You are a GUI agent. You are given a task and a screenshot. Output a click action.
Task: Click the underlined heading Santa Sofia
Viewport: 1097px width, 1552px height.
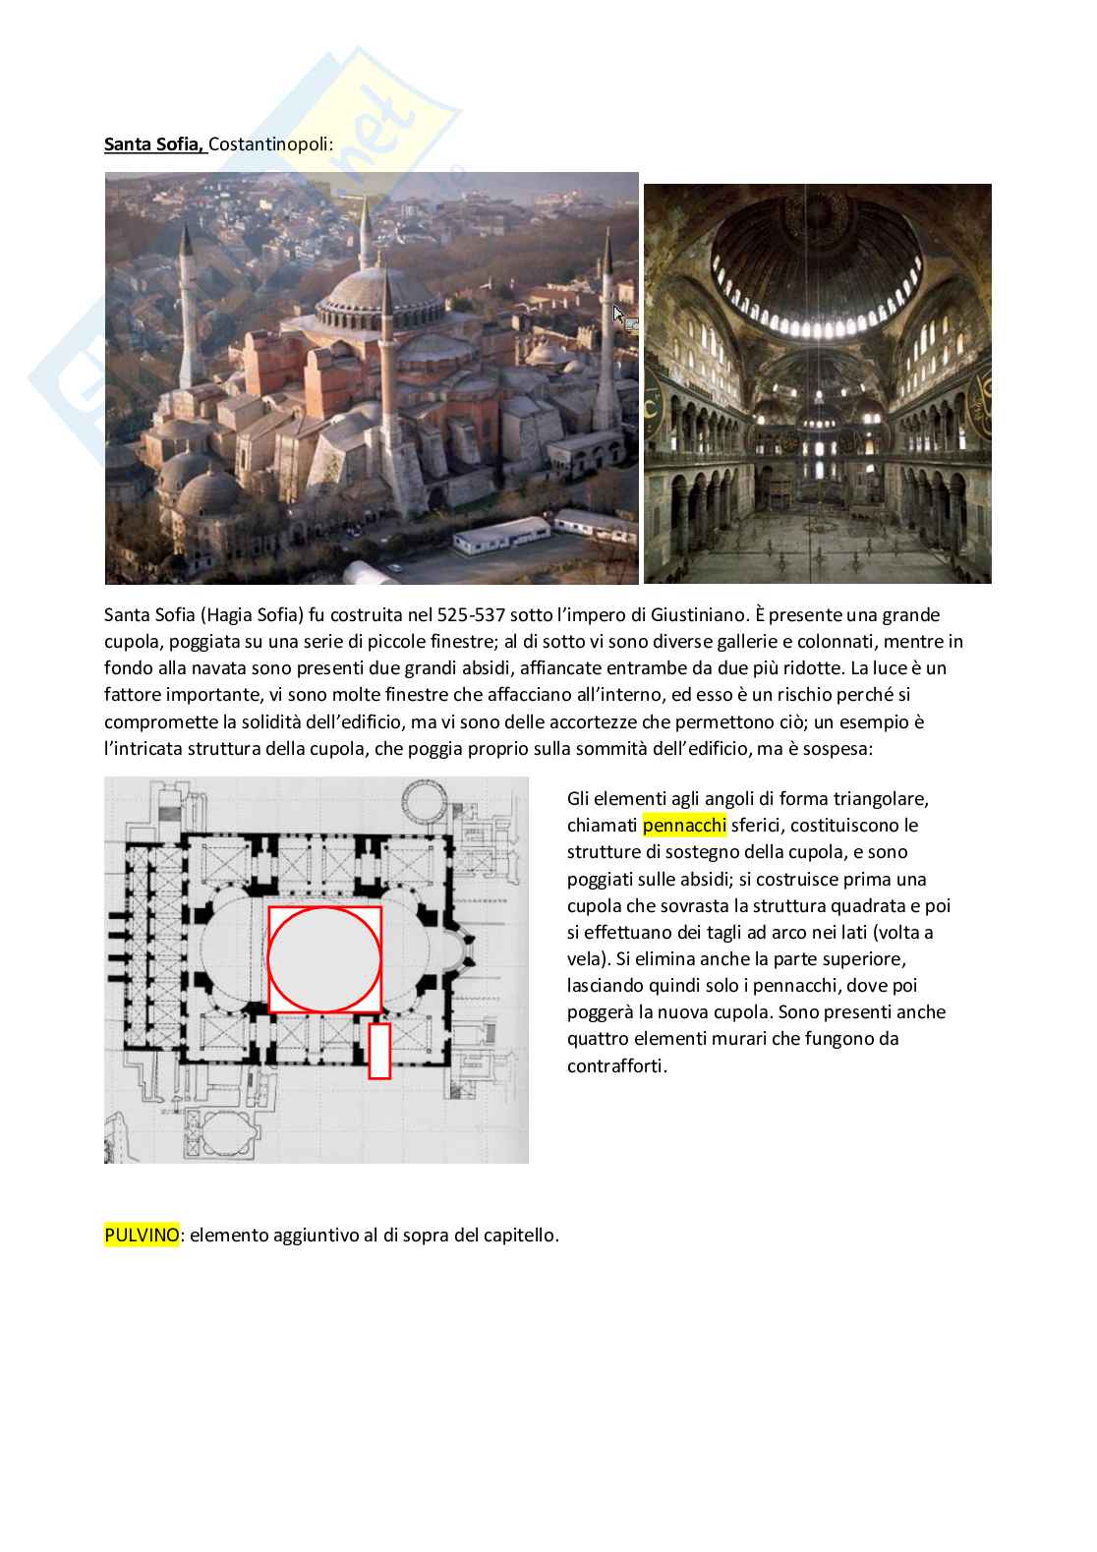pos(153,145)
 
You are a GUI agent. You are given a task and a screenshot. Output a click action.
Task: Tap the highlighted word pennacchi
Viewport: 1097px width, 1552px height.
pos(683,825)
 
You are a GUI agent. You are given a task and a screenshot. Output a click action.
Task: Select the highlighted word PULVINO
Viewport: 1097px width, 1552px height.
pos(142,1236)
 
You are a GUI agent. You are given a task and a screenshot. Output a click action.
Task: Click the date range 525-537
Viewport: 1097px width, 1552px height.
pos(483,615)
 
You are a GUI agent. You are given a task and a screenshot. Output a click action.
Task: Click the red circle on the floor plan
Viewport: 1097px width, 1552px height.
pos(324,959)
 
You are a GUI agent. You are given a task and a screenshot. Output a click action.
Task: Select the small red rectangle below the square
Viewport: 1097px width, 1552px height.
pos(379,1051)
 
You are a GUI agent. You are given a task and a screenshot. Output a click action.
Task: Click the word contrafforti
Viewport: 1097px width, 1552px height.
pos(616,1065)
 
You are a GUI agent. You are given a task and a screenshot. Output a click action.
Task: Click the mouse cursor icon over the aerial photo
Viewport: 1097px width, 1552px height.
pos(618,315)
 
